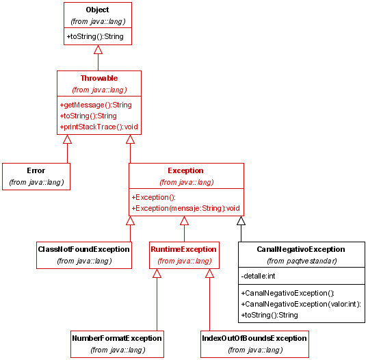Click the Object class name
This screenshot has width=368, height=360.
97,10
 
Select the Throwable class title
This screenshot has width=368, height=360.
99,78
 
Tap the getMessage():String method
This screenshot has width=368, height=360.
96,105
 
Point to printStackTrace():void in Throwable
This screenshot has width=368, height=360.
98,127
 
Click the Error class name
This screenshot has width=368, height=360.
36,170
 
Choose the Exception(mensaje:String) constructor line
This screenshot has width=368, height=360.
185,208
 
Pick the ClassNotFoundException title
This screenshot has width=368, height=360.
83,249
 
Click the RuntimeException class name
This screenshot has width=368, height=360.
183,249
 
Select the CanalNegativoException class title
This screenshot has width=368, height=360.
301,249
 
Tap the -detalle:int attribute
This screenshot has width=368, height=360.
258,276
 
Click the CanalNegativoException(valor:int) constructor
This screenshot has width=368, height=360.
301,304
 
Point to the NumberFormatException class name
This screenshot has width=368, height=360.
117,338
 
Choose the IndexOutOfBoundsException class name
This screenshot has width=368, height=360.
254,338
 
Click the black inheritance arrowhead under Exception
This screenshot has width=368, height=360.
241,221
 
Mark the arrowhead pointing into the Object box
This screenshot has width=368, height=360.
98,49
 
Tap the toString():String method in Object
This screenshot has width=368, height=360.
95,37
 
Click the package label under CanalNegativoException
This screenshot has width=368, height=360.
302,261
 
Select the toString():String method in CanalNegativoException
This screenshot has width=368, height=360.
270,315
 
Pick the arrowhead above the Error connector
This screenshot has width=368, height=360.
67,139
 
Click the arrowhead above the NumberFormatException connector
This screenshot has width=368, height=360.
157,273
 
